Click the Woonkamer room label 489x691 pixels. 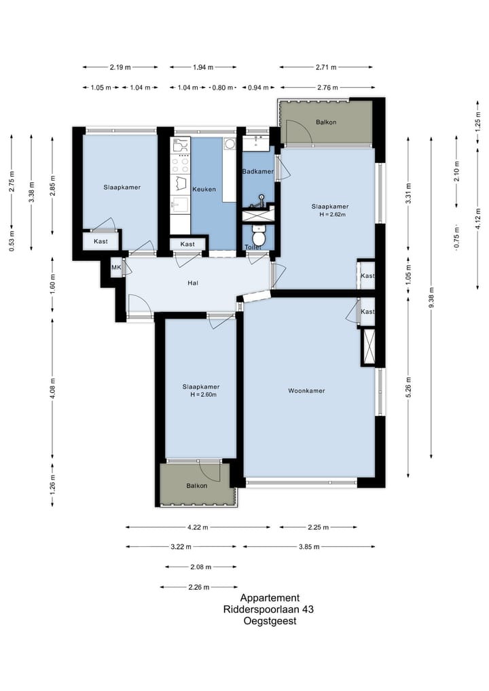click(x=306, y=391)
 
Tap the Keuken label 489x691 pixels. click(x=204, y=189)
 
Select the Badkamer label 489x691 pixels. click(x=258, y=171)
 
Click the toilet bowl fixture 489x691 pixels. click(x=258, y=236)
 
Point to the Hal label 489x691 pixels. click(x=192, y=283)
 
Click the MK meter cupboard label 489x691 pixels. click(x=116, y=268)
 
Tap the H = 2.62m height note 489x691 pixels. click(x=333, y=215)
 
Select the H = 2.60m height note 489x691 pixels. click(x=204, y=394)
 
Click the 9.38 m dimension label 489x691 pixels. click(x=431, y=298)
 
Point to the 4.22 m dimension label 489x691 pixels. click(x=198, y=527)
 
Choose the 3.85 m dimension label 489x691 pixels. click(x=309, y=547)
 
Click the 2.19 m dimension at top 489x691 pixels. click(x=120, y=67)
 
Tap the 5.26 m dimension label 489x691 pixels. click(x=408, y=387)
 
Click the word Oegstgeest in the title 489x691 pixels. click(x=270, y=621)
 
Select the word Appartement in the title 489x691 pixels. click(x=270, y=598)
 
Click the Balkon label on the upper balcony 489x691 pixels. click(x=326, y=122)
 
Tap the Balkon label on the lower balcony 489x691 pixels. click(x=196, y=486)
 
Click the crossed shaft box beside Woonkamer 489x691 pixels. click(x=368, y=347)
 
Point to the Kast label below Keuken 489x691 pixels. click(x=187, y=244)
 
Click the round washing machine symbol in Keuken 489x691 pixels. click(x=230, y=143)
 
